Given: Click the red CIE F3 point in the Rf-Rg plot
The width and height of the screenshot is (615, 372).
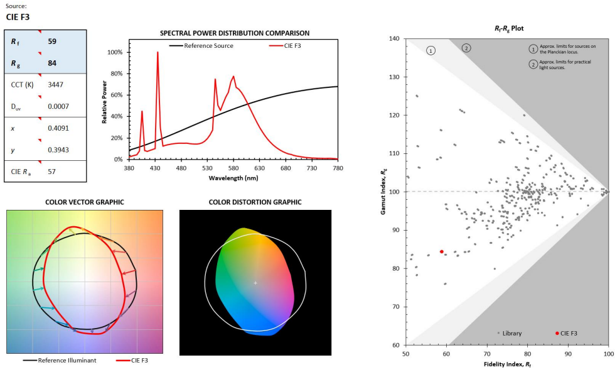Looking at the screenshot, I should [442, 251].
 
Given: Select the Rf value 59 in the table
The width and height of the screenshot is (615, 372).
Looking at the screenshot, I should [52, 41].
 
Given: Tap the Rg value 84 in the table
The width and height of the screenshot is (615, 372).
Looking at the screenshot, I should [52, 63].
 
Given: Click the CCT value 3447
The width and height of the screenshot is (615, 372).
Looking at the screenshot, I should [55, 84].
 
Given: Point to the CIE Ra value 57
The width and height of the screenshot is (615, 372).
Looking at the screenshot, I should [52, 171].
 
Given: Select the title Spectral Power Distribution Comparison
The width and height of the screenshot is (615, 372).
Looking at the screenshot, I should [234, 33].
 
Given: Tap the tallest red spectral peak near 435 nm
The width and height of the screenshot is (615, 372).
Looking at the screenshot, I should [158, 53].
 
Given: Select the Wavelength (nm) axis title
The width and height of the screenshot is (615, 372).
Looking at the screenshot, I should [233, 178].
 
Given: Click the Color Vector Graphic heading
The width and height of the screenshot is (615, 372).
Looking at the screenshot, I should [84, 202].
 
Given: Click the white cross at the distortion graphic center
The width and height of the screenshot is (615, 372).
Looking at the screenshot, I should [255, 283].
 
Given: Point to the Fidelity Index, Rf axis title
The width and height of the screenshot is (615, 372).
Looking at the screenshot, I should [508, 364].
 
